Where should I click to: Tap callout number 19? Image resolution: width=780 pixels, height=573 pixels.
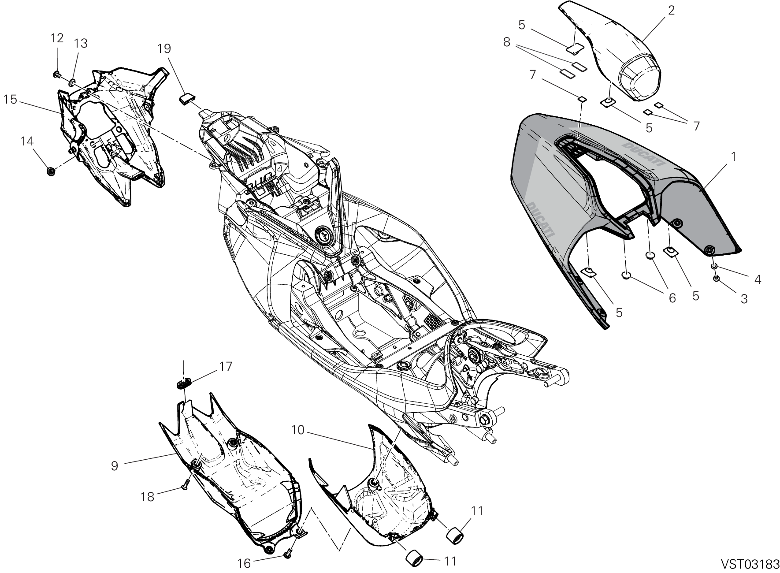pyautogui.click(x=164, y=48)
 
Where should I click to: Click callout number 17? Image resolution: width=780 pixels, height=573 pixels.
pyautogui.click(x=226, y=366)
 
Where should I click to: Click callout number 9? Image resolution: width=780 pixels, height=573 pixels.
pyautogui.click(x=115, y=466)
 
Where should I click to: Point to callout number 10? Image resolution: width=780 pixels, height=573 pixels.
pyautogui.click(x=298, y=430)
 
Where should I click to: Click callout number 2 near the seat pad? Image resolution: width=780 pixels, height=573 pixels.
pyautogui.click(x=671, y=10)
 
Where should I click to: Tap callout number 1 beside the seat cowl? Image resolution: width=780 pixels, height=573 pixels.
pyautogui.click(x=734, y=156)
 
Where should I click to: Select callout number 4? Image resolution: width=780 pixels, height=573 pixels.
pyautogui.click(x=758, y=279)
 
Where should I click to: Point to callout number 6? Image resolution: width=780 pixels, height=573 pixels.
pyautogui.click(x=672, y=298)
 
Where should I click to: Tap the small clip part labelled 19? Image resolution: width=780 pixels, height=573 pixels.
pyautogui.click(x=186, y=98)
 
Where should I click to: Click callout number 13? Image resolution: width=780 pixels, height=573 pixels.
pyautogui.click(x=81, y=43)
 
